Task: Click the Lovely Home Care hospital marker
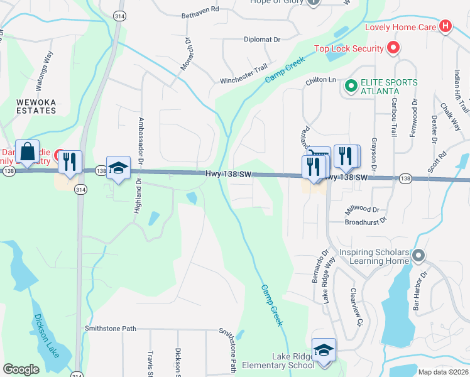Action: pos(445,26)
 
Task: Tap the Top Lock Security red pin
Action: pos(393,48)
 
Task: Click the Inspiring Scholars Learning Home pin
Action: pos(419,256)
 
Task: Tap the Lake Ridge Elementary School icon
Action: pos(324,351)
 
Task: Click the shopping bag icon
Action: pos(28,151)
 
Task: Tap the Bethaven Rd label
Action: pos(200,9)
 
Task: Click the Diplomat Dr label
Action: pos(262,39)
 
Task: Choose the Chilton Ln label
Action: pos(321,80)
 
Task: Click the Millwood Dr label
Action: pos(363,209)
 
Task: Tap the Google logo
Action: pos(21,369)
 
